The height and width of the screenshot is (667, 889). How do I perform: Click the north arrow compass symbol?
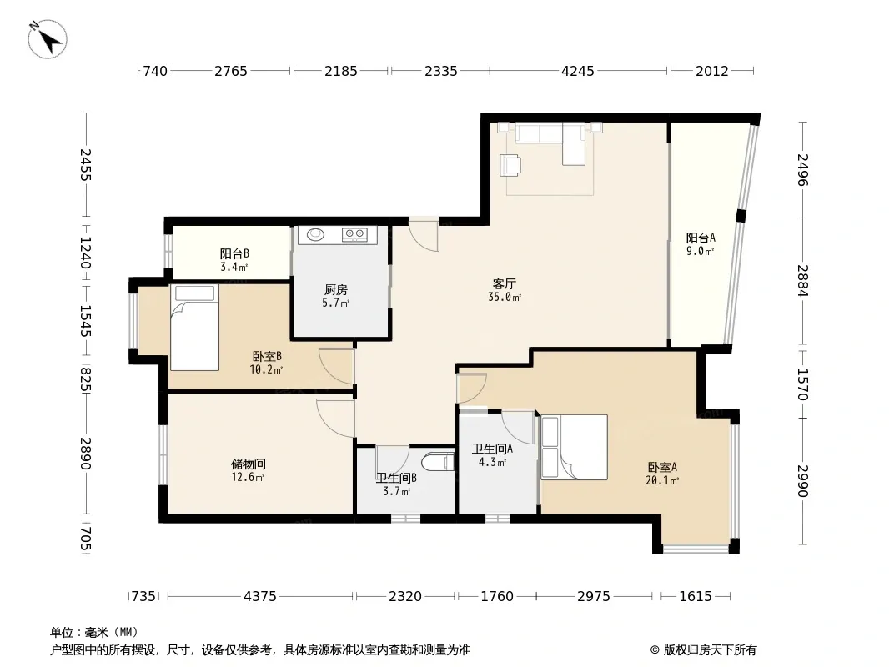click(48, 39)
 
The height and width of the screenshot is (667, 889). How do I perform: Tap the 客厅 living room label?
click(504, 284)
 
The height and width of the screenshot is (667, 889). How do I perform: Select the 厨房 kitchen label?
click(335, 290)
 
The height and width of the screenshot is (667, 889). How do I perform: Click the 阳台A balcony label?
click(701, 238)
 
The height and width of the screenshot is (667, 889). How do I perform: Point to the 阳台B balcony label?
click(234, 254)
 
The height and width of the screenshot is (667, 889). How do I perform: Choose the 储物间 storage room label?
click(249, 464)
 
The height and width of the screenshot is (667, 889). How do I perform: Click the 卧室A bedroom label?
click(662, 468)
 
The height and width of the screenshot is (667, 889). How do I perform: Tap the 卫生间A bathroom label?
click(492, 449)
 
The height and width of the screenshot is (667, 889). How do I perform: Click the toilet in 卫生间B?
click(439, 463)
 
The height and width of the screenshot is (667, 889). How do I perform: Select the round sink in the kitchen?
click(316, 234)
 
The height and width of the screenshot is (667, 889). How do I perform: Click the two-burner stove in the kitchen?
click(355, 234)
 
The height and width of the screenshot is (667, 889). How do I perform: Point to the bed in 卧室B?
click(194, 328)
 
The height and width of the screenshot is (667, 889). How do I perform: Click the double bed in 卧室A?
click(575, 447)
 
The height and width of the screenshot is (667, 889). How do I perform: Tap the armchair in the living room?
click(510, 165)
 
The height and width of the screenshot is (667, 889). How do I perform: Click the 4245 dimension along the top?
click(578, 71)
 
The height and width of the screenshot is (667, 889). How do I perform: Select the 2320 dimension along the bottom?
click(404, 596)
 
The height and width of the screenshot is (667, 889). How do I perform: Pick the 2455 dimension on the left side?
click(85, 165)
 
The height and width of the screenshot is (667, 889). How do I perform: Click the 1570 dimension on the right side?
click(802, 384)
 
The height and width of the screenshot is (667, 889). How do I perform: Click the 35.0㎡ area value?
click(505, 297)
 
